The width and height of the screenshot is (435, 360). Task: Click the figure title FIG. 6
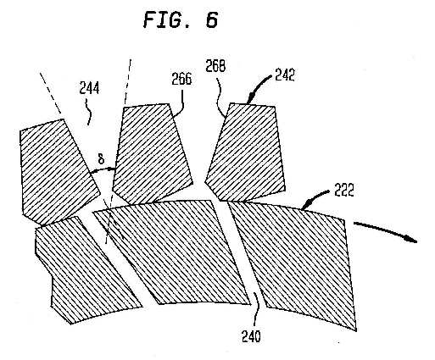click(x=181, y=19)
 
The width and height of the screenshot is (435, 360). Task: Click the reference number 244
click(x=89, y=89)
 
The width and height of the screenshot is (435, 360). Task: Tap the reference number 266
click(x=181, y=79)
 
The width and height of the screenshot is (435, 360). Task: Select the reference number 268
click(x=215, y=66)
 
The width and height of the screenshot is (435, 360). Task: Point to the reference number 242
click(x=285, y=75)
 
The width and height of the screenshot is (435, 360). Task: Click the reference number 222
click(x=344, y=191)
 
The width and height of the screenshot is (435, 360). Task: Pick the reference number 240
click(x=251, y=336)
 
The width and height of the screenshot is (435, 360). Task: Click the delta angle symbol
click(x=101, y=160)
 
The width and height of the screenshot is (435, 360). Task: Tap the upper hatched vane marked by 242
click(x=246, y=152)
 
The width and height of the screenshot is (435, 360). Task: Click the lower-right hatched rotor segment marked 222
click(x=294, y=260)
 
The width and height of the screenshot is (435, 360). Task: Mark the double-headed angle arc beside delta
click(x=103, y=170)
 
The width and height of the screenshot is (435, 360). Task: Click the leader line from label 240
click(x=255, y=311)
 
